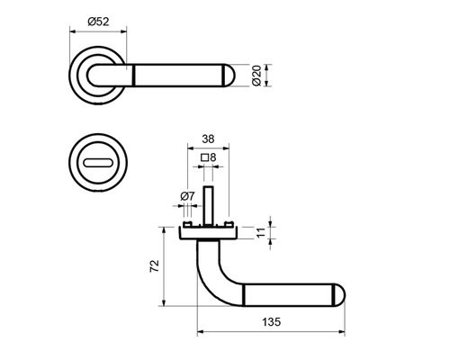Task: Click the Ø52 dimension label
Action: coord(98,22)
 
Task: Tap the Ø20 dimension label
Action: coord(256,76)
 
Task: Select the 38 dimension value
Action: coord(208,139)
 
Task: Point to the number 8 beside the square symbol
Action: coord(212,157)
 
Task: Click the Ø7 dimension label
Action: coord(187,196)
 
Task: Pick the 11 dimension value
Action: coord(261,232)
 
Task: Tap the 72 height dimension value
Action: coord(154,266)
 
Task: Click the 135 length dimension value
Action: coord(272,322)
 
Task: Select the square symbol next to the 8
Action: coord(205,157)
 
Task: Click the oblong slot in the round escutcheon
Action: coord(98,163)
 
